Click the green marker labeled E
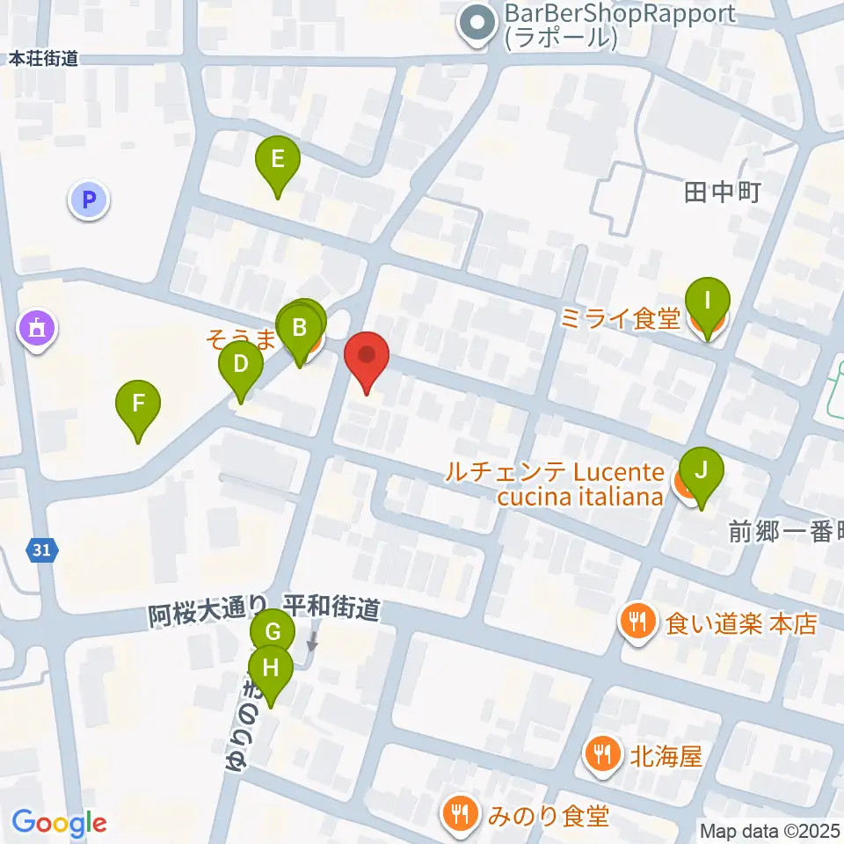pyautogui.click(x=277, y=161)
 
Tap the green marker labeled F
pyautogui.click(x=138, y=404)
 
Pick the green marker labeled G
pyautogui.click(x=273, y=632)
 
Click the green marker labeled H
pyautogui.click(x=271, y=668)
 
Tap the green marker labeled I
pyautogui.click(x=708, y=299)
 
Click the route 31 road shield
pyautogui.click(x=40, y=550)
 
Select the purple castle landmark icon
pyautogui.click(x=38, y=330)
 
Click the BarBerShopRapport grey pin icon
pyautogui.click(x=478, y=25)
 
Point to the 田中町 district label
pyautogui.click(x=721, y=193)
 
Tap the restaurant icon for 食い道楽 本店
pyautogui.click(x=635, y=623)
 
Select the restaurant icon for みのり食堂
pyautogui.click(x=459, y=815)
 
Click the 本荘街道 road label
pyautogui.click(x=44, y=59)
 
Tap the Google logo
pyautogui.click(x=60, y=823)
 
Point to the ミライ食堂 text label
pyautogui.click(x=621, y=318)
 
